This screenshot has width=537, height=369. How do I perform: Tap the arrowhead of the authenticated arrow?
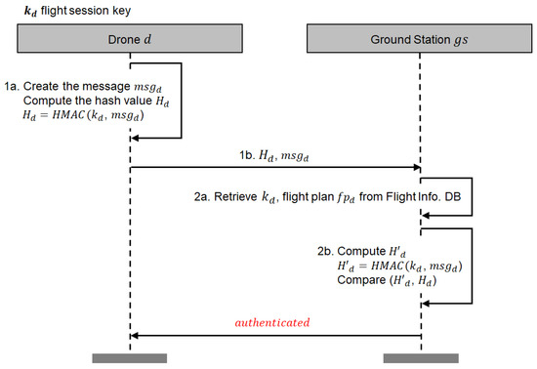click(x=136, y=335)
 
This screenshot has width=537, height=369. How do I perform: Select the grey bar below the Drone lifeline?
click(x=129, y=358)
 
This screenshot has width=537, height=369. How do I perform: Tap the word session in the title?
click(x=86, y=12)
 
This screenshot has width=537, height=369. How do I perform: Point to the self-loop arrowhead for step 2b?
click(x=427, y=304)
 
